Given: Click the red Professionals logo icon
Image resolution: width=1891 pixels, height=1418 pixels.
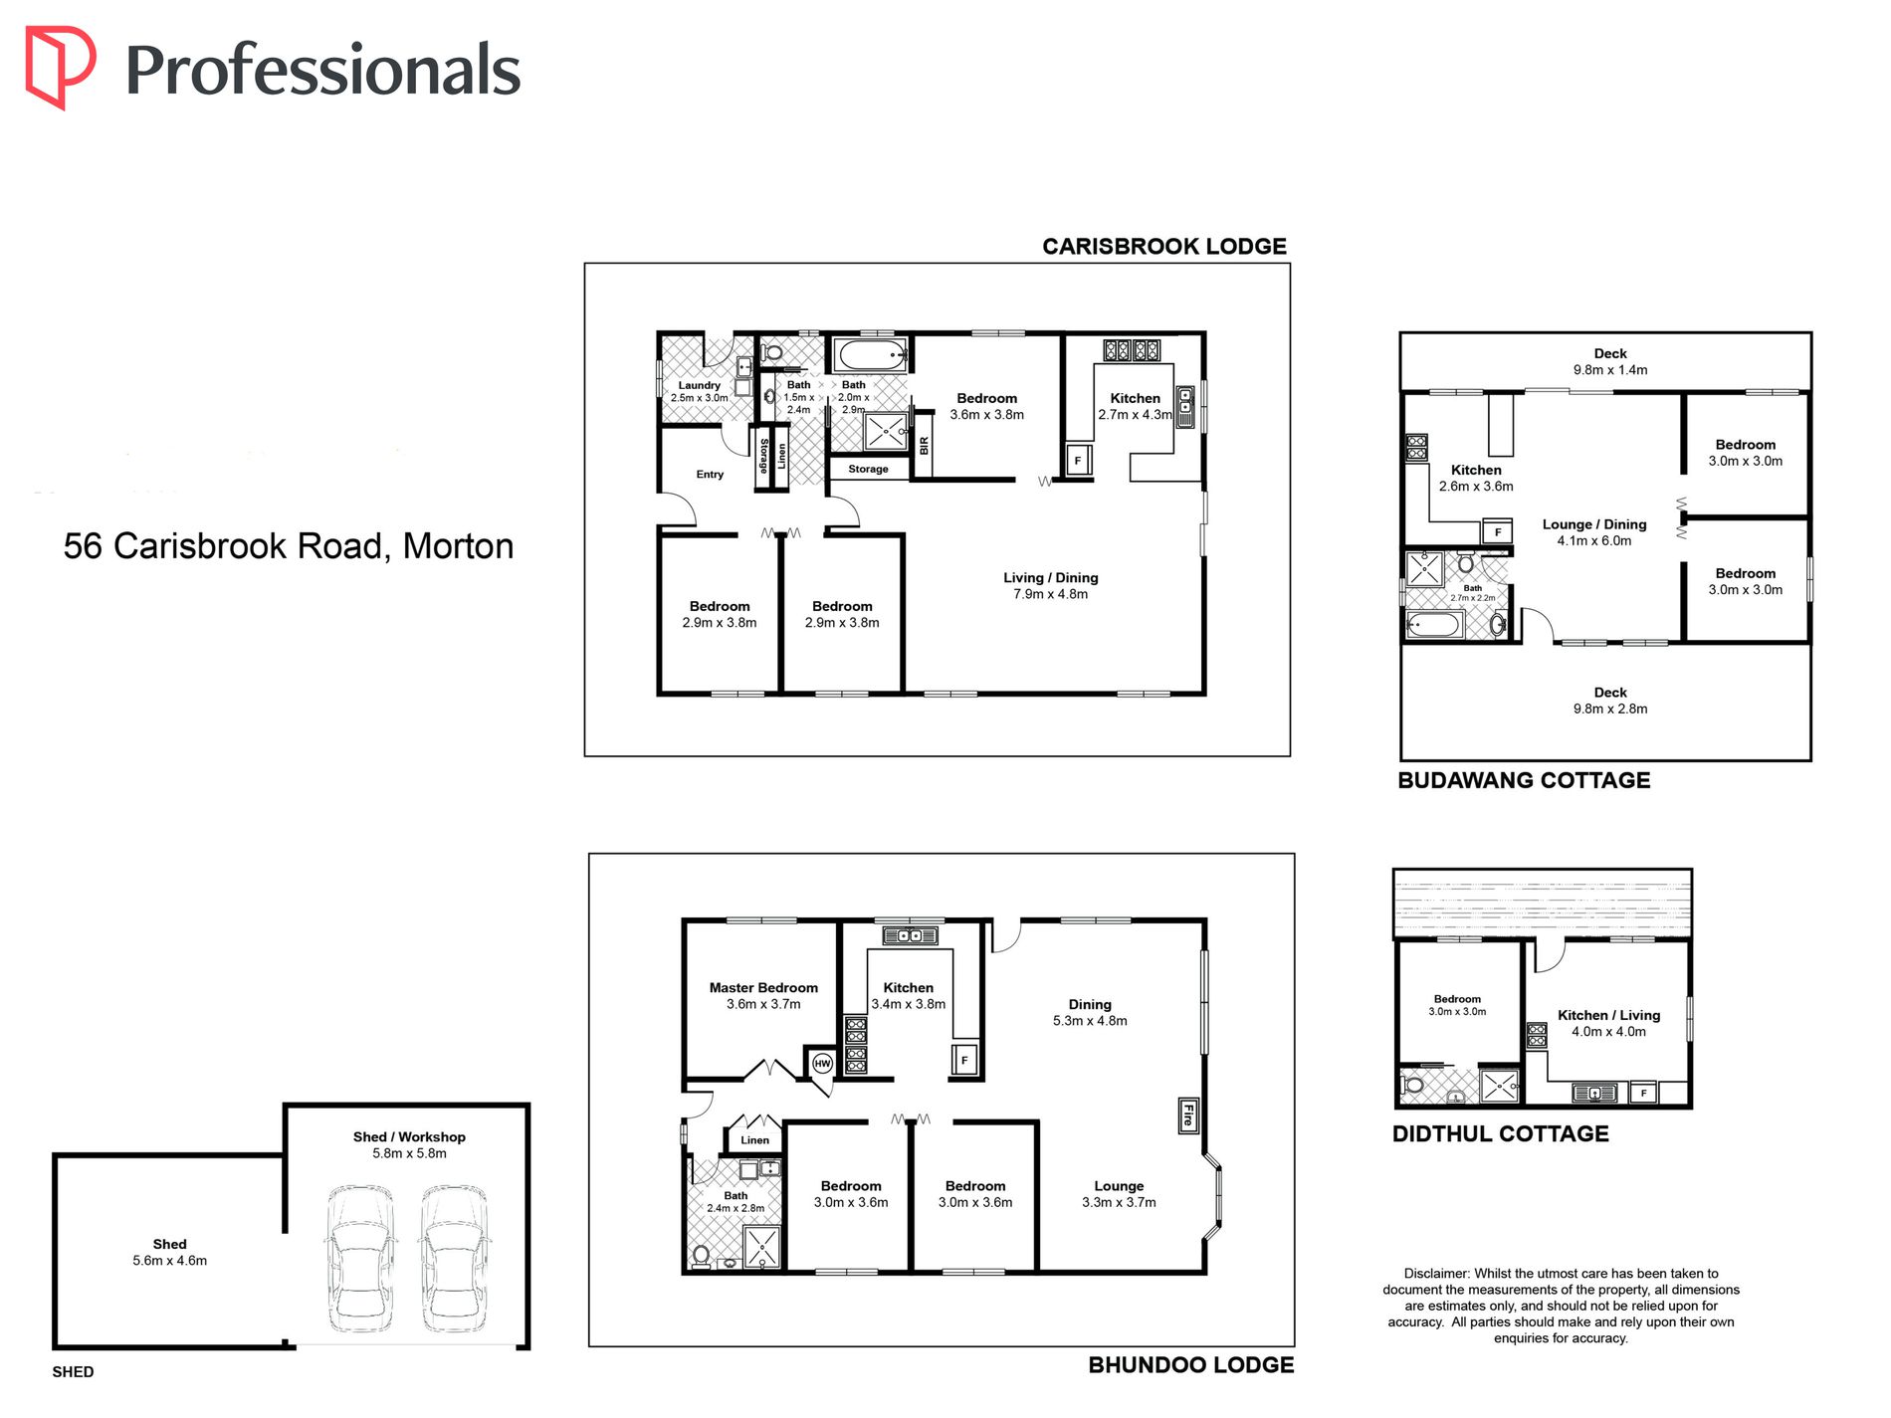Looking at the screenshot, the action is [x=60, y=67].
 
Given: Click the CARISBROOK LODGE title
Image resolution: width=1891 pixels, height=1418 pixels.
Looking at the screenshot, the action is [x=1163, y=247].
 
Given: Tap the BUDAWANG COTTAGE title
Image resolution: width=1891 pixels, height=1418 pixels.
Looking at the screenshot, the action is [x=1523, y=781].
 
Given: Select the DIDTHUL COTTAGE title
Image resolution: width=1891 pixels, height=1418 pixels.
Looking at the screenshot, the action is [x=1500, y=1134].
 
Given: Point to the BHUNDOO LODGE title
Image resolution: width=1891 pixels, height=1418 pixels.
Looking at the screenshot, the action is [x=1190, y=1365].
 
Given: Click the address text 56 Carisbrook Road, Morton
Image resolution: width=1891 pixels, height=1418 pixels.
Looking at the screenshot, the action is [x=289, y=546].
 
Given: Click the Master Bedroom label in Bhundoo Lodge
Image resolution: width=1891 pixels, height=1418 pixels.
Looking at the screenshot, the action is [x=763, y=988].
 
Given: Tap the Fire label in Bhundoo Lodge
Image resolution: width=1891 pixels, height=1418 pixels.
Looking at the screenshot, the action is [x=1187, y=1116].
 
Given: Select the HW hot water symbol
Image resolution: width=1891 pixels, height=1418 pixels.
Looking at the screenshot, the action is [x=822, y=1064].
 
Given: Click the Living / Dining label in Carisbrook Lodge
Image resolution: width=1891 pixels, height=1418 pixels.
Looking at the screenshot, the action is [x=1050, y=578].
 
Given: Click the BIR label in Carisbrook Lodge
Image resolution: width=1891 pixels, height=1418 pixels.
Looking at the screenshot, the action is [x=924, y=446].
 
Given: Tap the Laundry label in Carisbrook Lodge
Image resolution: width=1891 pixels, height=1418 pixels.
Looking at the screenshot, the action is [x=699, y=385].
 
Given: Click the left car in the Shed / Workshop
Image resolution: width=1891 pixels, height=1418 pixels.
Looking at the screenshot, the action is [x=360, y=1258].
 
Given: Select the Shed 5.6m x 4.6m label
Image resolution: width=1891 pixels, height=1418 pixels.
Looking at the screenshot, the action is [x=170, y=1253].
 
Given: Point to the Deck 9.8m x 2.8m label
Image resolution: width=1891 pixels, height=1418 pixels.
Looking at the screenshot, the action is [x=1610, y=701].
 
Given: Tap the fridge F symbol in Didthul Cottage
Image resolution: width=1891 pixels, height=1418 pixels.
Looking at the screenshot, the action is [x=1642, y=1094].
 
